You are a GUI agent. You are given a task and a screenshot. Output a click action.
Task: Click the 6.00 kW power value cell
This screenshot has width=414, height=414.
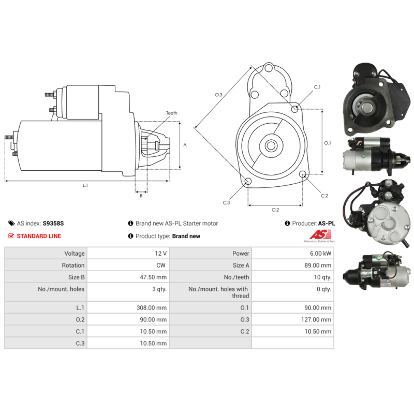[320, 254]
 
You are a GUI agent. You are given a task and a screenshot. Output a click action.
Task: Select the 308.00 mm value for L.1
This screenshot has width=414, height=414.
[152, 307]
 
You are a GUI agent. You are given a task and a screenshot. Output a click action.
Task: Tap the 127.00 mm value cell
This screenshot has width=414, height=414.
[316, 319]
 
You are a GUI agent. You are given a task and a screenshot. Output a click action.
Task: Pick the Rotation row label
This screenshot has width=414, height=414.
[73, 265]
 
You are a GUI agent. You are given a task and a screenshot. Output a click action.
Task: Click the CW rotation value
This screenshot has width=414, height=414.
[161, 265]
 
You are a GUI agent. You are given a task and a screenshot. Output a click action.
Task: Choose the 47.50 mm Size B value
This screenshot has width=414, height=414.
[153, 277]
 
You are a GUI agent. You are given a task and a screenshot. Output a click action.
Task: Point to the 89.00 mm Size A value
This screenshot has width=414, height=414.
[318, 265]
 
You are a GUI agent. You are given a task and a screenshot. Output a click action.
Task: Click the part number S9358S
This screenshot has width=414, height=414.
[53, 224]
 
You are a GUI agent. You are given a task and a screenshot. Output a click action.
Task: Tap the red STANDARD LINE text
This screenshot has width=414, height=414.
[39, 236]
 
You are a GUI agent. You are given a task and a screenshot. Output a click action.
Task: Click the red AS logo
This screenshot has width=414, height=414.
[320, 234]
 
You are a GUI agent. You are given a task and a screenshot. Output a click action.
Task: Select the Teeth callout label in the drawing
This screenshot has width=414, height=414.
[172, 113]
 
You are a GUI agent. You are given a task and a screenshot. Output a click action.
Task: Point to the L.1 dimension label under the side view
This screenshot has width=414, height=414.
[85, 185]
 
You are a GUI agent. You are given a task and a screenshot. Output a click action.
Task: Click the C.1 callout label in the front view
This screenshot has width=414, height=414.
[317, 87]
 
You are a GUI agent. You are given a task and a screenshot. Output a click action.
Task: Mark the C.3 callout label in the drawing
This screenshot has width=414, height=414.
[226, 202]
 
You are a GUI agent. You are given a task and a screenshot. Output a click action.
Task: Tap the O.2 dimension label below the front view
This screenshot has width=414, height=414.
[275, 210]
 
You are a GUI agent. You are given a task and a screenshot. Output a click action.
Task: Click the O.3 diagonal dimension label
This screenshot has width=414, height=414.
[218, 95]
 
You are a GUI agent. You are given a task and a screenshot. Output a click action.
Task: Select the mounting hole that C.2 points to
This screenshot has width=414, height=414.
[303, 174]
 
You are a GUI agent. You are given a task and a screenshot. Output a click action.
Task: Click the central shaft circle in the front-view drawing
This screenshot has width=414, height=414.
[271, 145]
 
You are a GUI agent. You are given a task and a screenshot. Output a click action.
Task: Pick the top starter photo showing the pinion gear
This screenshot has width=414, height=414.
[377, 99]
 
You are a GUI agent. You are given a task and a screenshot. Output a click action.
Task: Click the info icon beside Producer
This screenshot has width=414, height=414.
[287, 224]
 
